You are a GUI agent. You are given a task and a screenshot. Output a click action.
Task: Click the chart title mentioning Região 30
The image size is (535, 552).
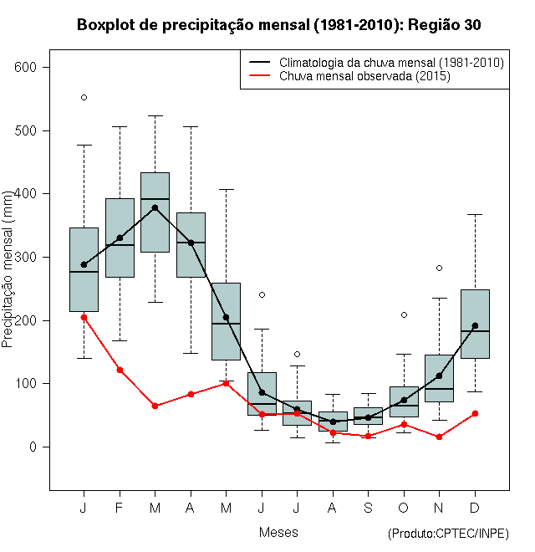pyautogui.click(x=278, y=25)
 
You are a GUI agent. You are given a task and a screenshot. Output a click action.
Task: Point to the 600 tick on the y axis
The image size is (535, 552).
pyautogui.click(x=33, y=67)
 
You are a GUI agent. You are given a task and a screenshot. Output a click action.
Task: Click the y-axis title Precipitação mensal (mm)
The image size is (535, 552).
pyautogui.click(x=8, y=279)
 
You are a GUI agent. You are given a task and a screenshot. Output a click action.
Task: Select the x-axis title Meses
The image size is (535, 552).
pyautogui.click(x=278, y=532)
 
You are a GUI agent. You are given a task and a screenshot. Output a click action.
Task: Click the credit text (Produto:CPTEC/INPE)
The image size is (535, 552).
pyautogui.click(x=448, y=534)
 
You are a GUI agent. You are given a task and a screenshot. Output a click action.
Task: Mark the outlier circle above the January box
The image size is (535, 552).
pyautogui.click(x=84, y=97)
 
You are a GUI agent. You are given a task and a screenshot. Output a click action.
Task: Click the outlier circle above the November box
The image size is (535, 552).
pyautogui.click(x=440, y=268)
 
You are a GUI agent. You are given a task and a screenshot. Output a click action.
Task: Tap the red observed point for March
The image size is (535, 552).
pyautogui.click(x=155, y=406)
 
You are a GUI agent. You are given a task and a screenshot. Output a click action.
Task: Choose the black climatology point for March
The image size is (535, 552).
pyautogui.click(x=155, y=207)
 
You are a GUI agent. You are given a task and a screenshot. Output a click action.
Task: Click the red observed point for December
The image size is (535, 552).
pyautogui.click(x=475, y=413)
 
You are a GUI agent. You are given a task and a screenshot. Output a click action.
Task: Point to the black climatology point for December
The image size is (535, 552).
pyautogui.click(x=475, y=325)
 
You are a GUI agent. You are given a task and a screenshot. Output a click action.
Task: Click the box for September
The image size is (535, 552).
pyautogui.click(x=369, y=416)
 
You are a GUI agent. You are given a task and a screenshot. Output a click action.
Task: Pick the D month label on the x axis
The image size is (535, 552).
pyautogui.click(x=475, y=508)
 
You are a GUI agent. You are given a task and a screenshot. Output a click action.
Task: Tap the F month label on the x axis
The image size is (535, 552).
pyautogui.click(x=120, y=508)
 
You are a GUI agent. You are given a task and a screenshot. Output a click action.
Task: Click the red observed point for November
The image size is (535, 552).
pyautogui.click(x=440, y=437)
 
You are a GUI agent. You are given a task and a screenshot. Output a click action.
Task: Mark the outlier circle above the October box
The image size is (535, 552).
pyautogui.click(x=404, y=314)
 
